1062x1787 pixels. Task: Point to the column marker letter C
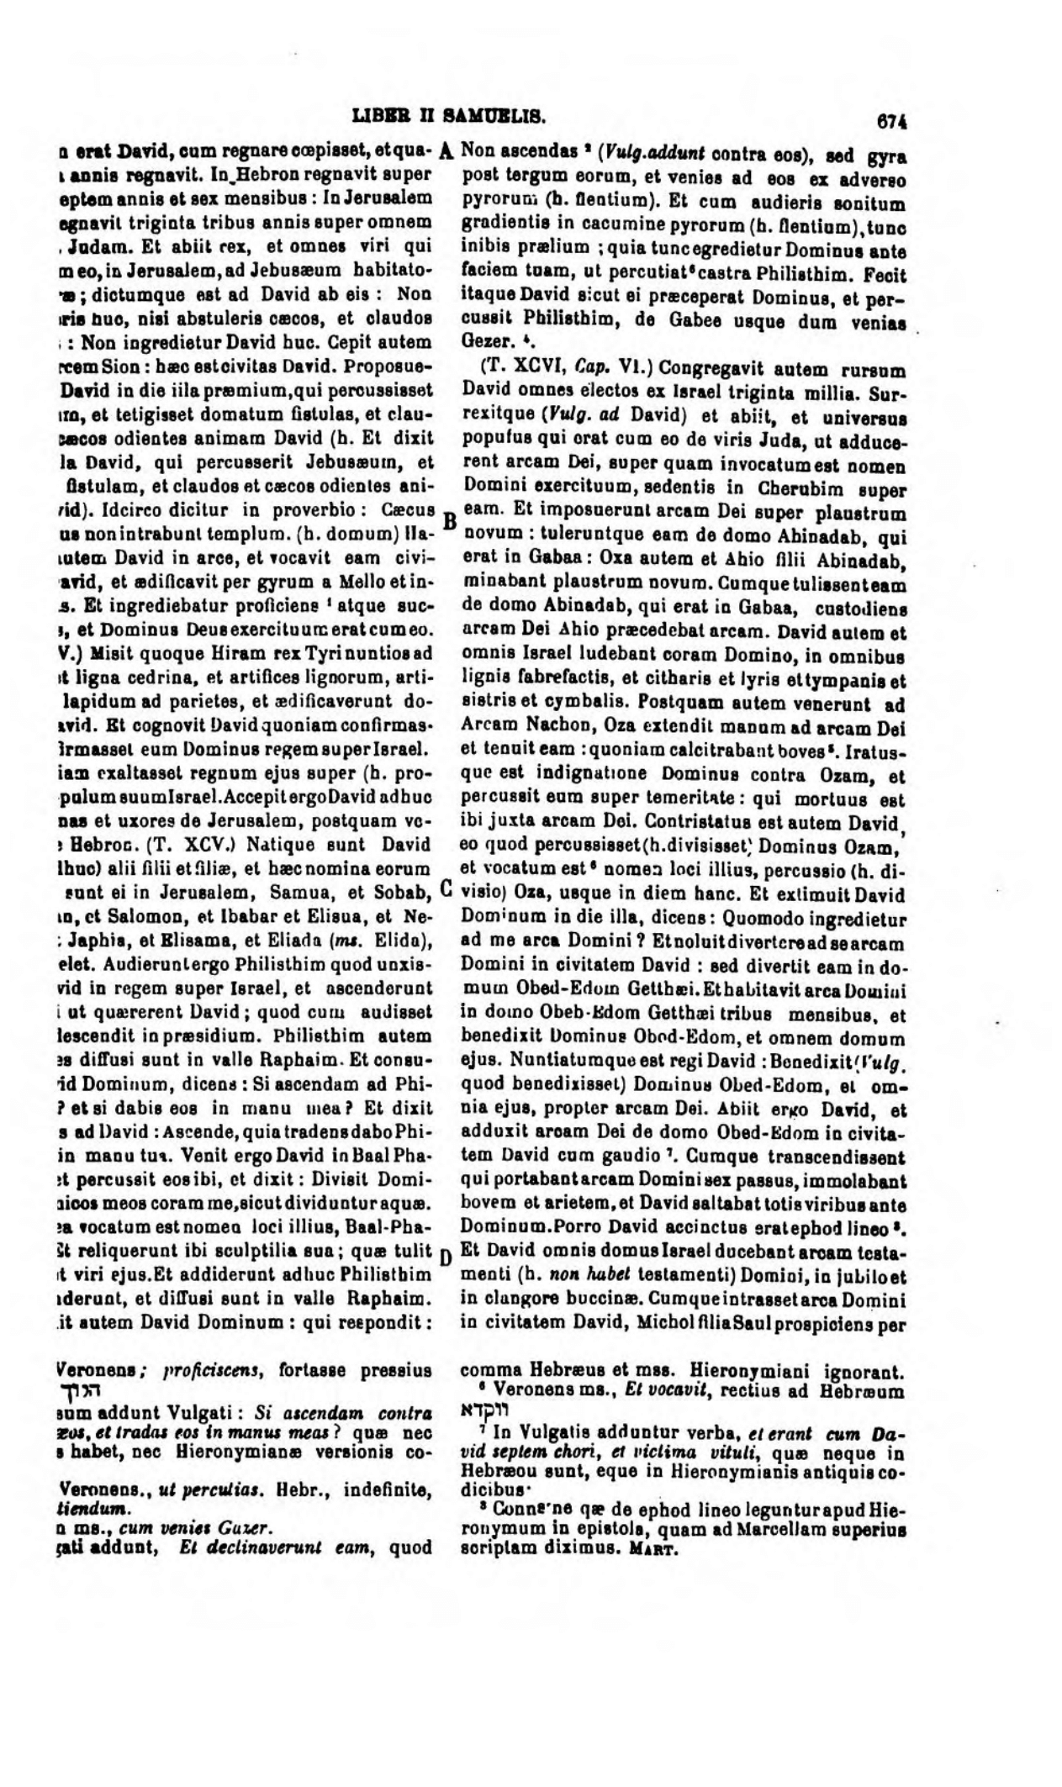point(446,888)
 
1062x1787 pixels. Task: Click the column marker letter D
point(447,1257)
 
